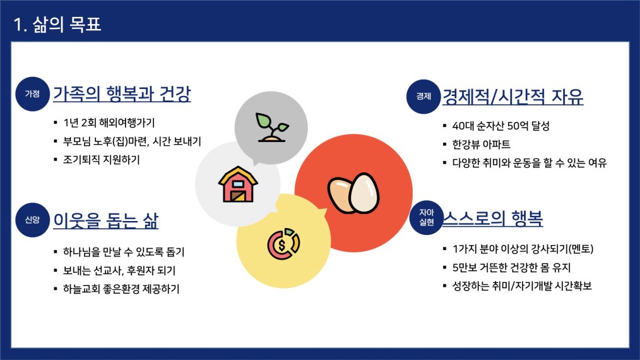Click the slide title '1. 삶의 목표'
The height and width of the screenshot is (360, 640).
[57, 24]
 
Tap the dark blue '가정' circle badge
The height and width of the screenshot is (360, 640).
[32, 93]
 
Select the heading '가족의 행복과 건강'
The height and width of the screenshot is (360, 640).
[122, 93]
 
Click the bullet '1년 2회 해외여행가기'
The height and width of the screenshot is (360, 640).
[109, 123]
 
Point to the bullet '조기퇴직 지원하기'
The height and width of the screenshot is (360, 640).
[101, 159]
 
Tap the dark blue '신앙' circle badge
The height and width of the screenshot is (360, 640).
[32, 220]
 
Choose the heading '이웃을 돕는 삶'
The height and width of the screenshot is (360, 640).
[105, 220]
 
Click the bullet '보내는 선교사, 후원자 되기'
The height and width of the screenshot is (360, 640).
[119, 270]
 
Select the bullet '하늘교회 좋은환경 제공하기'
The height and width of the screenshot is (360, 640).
[121, 289]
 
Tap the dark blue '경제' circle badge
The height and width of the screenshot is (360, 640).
[424, 97]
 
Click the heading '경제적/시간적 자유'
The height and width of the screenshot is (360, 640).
[513, 97]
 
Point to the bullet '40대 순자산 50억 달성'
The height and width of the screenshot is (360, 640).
[501, 126]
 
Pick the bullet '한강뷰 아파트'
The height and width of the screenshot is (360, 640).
[481, 144]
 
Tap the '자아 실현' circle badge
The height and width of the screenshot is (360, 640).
[427, 217]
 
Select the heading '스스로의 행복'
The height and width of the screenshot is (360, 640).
[493, 218]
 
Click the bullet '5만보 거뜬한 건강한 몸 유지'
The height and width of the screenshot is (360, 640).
[511, 267]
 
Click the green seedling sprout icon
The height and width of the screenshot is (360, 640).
[272, 127]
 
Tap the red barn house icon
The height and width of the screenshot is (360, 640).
[238, 184]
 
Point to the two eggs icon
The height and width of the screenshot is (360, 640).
[353, 193]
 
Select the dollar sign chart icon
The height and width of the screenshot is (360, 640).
[283, 244]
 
